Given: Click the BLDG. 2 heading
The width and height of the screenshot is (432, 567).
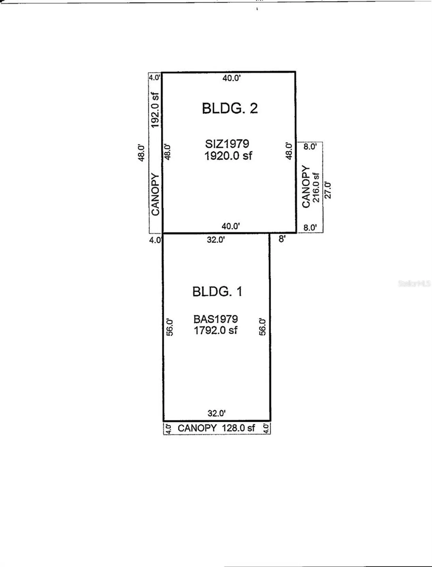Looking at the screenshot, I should pyautogui.click(x=230, y=108).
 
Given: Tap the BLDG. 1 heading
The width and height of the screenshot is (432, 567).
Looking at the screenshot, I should pyautogui.click(x=217, y=291).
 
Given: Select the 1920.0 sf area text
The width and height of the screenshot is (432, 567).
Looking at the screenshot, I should pyautogui.click(x=228, y=156).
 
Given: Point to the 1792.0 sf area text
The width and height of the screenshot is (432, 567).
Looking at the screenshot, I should pyautogui.click(x=215, y=330).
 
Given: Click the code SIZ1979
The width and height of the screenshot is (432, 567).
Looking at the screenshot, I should pyautogui.click(x=227, y=144).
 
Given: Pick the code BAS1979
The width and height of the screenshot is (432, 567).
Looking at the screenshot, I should pyautogui.click(x=215, y=319).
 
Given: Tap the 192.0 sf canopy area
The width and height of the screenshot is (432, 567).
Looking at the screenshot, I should pyautogui.click(x=155, y=110).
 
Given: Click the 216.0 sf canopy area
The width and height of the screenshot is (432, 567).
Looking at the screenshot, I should pyautogui.click(x=316, y=187).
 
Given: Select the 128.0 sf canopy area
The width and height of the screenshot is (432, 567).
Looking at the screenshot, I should pyautogui.click(x=238, y=428).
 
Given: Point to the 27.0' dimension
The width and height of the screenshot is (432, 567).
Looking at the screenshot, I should pyautogui.click(x=328, y=190).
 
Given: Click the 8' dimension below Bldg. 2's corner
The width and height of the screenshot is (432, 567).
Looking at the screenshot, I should pyautogui.click(x=282, y=239).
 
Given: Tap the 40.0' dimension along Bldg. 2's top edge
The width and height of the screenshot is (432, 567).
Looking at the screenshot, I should pyautogui.click(x=231, y=78).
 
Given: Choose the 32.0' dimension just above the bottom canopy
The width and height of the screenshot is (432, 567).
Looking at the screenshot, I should pyautogui.click(x=216, y=413).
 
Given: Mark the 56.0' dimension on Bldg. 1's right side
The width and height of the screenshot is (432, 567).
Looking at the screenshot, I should pyautogui.click(x=262, y=327).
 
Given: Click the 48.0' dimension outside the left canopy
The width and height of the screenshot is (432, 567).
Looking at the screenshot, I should pyautogui.click(x=141, y=153).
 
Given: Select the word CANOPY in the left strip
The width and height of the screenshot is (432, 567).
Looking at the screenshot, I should pyautogui.click(x=155, y=194).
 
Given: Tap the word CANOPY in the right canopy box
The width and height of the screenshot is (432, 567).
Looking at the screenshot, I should pyautogui.click(x=306, y=187).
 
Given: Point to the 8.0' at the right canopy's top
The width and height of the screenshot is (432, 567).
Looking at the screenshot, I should pyautogui.click(x=310, y=146).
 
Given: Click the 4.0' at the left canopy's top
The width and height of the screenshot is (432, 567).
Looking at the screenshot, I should pyautogui.click(x=154, y=78).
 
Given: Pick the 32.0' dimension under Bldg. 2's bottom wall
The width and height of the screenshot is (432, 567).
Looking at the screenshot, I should pyautogui.click(x=216, y=240).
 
